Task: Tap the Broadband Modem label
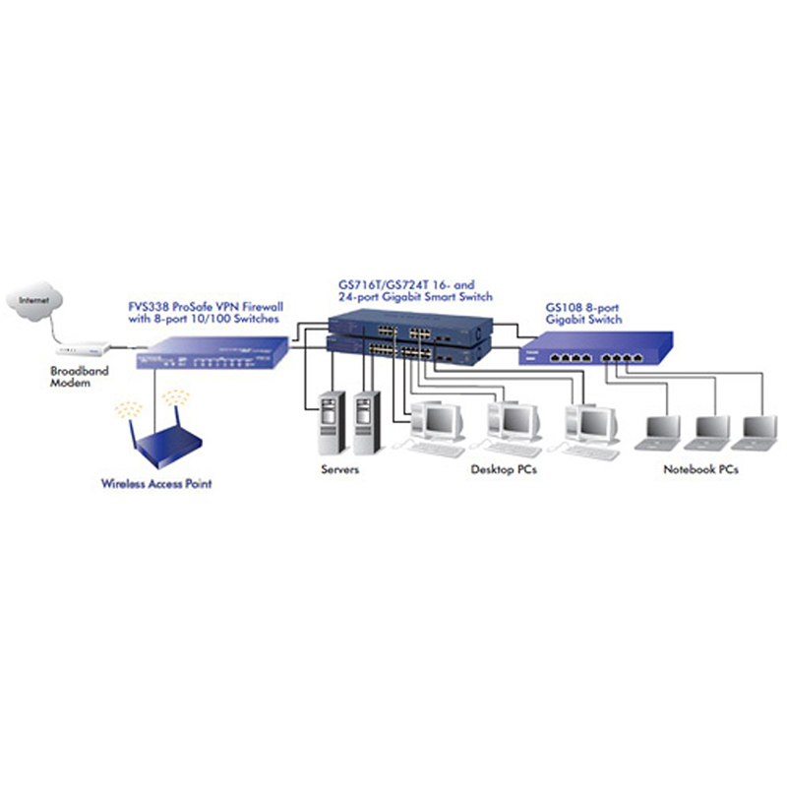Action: pyautogui.click(x=76, y=378)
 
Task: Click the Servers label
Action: pyautogui.click(x=340, y=470)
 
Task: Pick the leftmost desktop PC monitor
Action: pyautogui.click(x=439, y=420)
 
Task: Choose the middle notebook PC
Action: pyautogui.click(x=710, y=430)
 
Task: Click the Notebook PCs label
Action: pyautogui.click(x=700, y=470)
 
